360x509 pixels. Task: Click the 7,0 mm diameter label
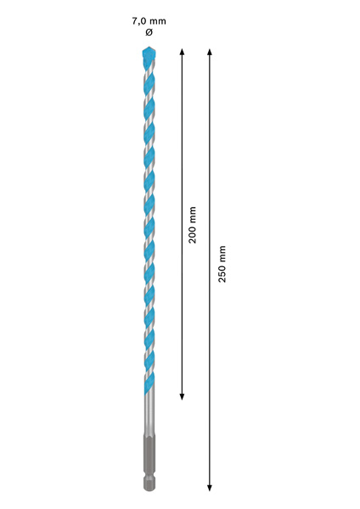(x=149, y=21)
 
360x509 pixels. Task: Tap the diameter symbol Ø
(x=149, y=32)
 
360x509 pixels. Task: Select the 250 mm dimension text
(x=222, y=264)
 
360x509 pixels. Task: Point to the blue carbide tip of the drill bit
(x=149, y=53)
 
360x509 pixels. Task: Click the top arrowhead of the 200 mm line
(x=182, y=51)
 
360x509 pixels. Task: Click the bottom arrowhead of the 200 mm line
(x=182, y=397)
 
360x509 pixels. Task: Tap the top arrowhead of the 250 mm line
(x=210, y=51)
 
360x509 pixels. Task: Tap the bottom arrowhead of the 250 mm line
(x=210, y=488)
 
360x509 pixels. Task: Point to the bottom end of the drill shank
(x=149, y=489)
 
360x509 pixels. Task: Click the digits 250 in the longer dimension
(x=222, y=274)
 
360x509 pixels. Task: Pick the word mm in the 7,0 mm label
(x=158, y=22)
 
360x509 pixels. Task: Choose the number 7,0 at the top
(x=138, y=21)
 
